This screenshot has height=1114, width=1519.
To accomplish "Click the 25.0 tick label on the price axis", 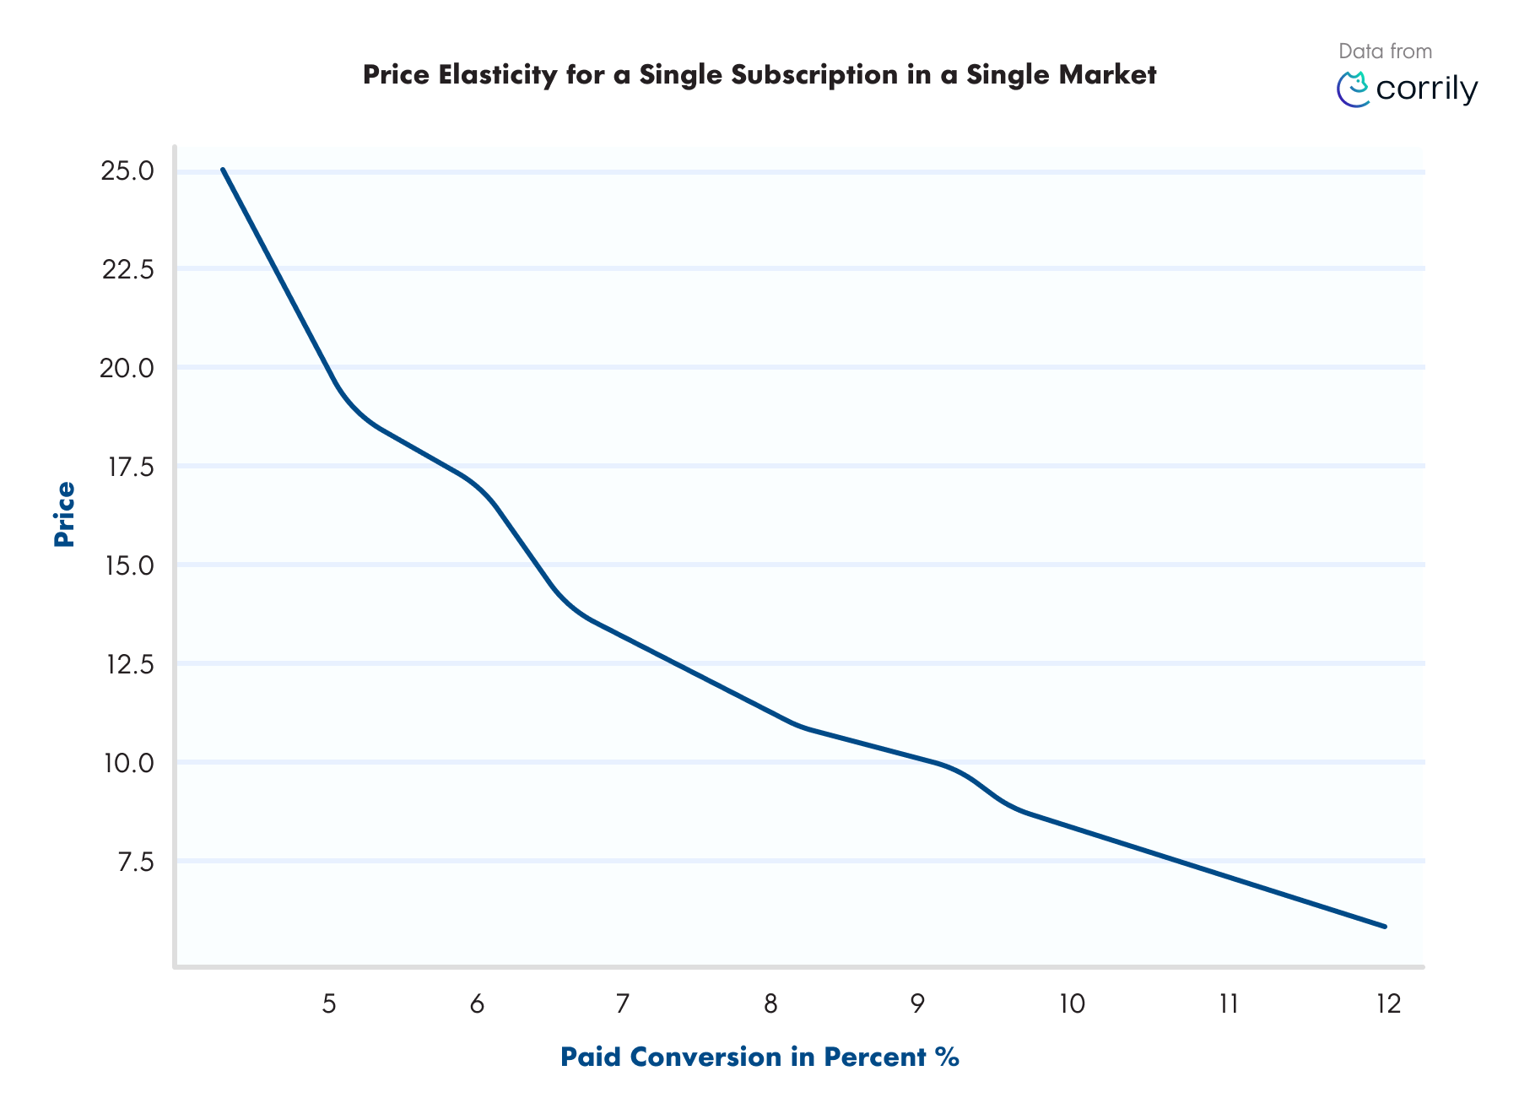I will pyautogui.click(x=127, y=171).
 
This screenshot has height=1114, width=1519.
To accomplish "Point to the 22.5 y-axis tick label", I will pyautogui.click(x=127, y=269).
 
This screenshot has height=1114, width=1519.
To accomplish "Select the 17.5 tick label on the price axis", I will pyautogui.click(x=130, y=467).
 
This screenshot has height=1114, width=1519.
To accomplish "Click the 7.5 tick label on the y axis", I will pyautogui.click(x=135, y=862).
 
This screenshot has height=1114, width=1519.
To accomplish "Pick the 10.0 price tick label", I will pyautogui.click(x=128, y=763).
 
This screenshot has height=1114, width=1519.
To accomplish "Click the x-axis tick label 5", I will pyautogui.click(x=329, y=1003).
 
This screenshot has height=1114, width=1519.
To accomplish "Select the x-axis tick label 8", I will pyautogui.click(x=770, y=1003).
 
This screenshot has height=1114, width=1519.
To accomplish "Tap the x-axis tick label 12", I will pyautogui.click(x=1388, y=1003).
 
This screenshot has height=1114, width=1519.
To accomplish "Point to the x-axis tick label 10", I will pyautogui.click(x=1072, y=1003).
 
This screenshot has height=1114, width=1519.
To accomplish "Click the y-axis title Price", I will pyautogui.click(x=64, y=514).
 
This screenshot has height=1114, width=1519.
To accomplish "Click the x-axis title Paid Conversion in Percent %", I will pyautogui.click(x=759, y=1057).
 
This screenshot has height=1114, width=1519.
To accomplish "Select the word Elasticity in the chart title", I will pyautogui.click(x=498, y=75).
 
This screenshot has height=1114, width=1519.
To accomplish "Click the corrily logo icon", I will pyautogui.click(x=1354, y=89).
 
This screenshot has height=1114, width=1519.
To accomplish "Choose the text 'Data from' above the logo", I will pyautogui.click(x=1385, y=51).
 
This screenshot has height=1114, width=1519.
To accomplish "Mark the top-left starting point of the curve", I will pyautogui.click(x=223, y=170).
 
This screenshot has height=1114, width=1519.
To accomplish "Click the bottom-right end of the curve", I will pyautogui.click(x=1385, y=927).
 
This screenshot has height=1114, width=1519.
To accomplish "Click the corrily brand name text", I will pyautogui.click(x=1426, y=89).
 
